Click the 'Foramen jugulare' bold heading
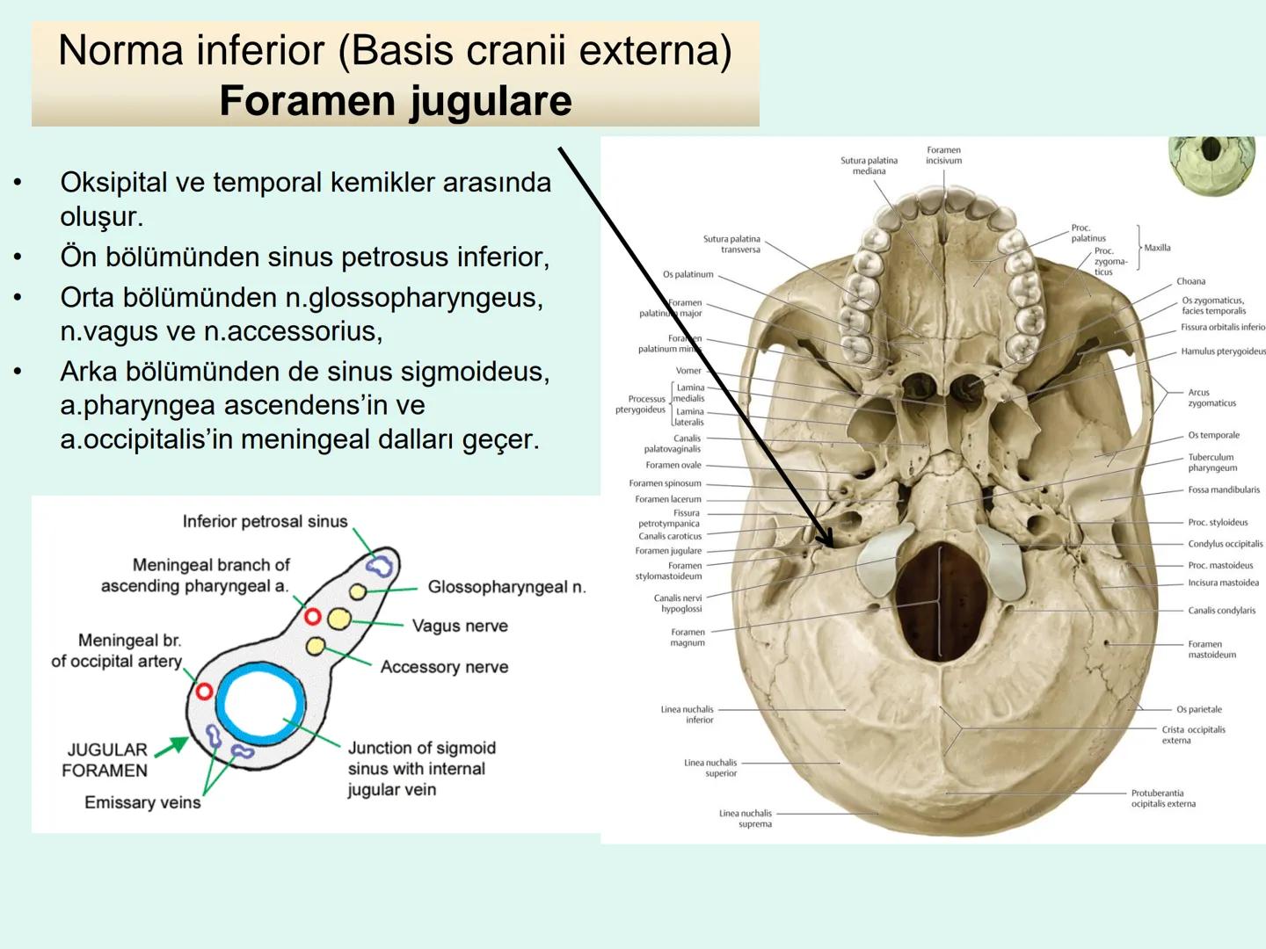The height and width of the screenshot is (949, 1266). pyautogui.click(x=396, y=101)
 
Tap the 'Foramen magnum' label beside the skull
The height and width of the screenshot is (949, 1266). pyautogui.click(x=688, y=637)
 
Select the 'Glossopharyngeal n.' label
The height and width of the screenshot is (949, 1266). pyautogui.click(x=506, y=587)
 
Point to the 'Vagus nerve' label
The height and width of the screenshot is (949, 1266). pyautogui.click(x=460, y=626)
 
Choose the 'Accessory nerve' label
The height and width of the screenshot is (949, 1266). pyautogui.click(x=444, y=667)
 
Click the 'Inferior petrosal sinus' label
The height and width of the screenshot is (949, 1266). pyautogui.click(x=265, y=522)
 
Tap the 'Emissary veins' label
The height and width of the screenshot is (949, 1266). pyautogui.click(x=142, y=802)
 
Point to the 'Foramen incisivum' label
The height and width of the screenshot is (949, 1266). pyautogui.click(x=943, y=156)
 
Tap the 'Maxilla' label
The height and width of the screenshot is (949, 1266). pyautogui.click(x=1157, y=248)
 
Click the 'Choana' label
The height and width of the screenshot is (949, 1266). pyautogui.click(x=1190, y=281)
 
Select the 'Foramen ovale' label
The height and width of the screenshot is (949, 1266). pyautogui.click(x=673, y=466)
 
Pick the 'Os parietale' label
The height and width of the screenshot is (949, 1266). pyautogui.click(x=1198, y=709)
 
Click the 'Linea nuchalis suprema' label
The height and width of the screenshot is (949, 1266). pyautogui.click(x=746, y=818)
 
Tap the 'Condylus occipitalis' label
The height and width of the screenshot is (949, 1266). pyautogui.click(x=1226, y=544)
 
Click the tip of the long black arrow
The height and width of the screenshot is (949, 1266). pyautogui.click(x=832, y=545)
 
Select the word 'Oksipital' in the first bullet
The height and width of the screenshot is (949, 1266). pyautogui.click(x=113, y=183)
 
